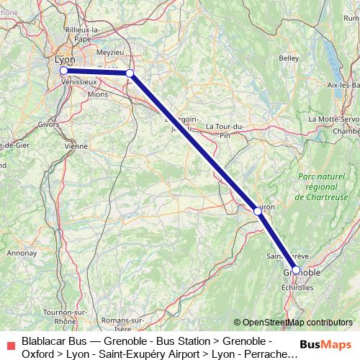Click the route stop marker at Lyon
click(x=63, y=71)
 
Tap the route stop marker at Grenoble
click(x=297, y=270)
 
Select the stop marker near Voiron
click(x=258, y=211)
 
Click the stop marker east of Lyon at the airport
click(x=130, y=73)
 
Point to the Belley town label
click(x=289, y=57)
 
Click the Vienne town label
click(x=75, y=145)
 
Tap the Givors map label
click(x=48, y=124)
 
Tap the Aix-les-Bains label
click(x=343, y=85)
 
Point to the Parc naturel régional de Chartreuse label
click(x=321, y=186)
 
